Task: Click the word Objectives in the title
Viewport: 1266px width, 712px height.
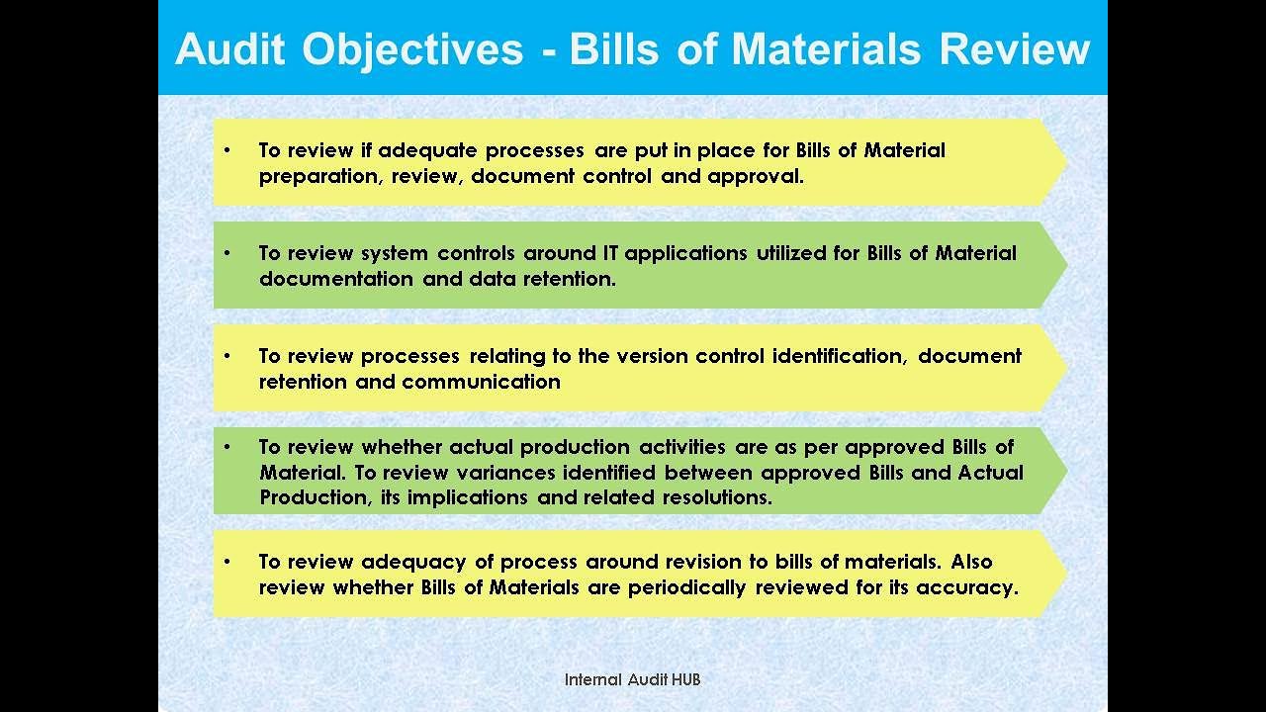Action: coord(413,48)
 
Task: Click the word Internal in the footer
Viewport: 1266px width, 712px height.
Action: coord(593,679)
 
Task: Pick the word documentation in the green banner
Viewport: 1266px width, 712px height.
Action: coord(336,279)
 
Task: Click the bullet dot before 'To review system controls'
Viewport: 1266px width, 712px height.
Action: coord(226,253)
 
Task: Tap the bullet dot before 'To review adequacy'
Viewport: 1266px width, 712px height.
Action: coord(226,562)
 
